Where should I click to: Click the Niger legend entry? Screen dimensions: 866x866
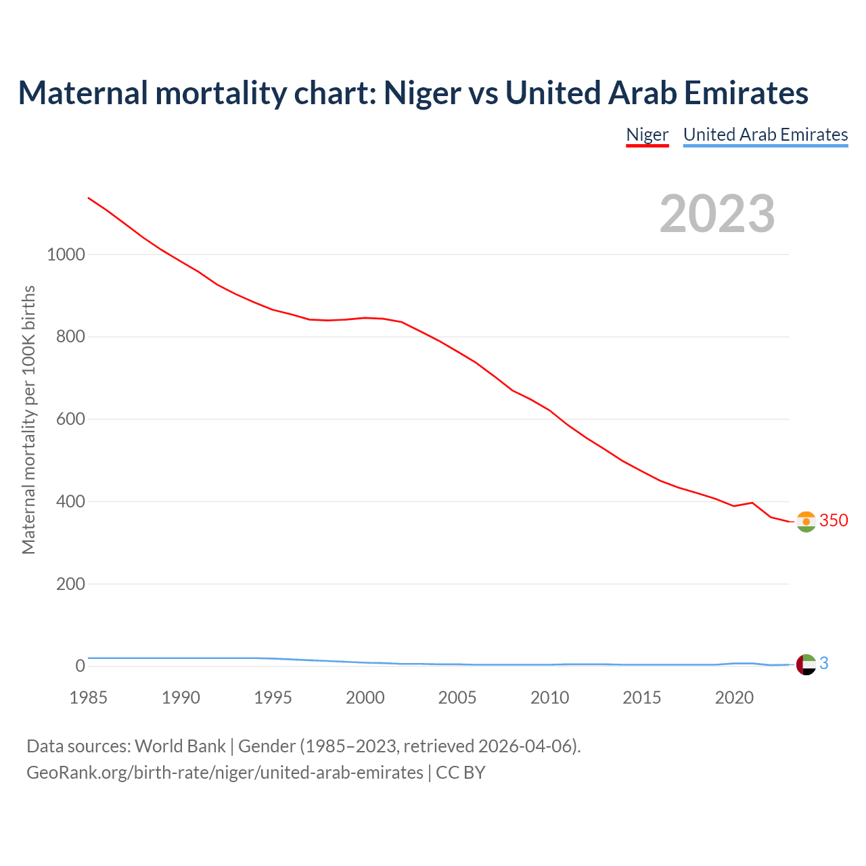pos(647,135)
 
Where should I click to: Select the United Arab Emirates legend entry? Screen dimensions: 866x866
pos(765,135)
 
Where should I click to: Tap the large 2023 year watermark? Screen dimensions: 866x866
pos(717,214)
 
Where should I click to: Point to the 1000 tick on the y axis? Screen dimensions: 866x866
pos(66,255)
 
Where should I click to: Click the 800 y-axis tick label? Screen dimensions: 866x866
pos(70,337)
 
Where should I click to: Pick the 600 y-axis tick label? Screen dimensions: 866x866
pos(70,419)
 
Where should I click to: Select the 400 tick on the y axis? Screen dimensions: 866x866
pos(70,502)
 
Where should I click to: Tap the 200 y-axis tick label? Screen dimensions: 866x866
pos(70,584)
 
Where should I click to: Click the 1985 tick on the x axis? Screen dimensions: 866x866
pos(88,698)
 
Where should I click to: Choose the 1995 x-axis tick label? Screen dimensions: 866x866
pos(273,698)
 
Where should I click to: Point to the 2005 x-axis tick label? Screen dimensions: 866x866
pos(457,698)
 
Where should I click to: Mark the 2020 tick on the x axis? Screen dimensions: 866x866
pos(734,698)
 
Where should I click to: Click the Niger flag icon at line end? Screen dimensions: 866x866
pos(806,522)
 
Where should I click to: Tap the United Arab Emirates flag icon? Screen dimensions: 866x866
pos(806,664)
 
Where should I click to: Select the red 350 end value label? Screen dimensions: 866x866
pos(834,520)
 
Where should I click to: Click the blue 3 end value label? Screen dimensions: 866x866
pos(824,664)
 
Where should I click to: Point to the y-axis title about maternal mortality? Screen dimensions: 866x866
pos(28,419)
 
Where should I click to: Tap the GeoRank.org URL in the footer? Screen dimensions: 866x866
pos(225,773)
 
